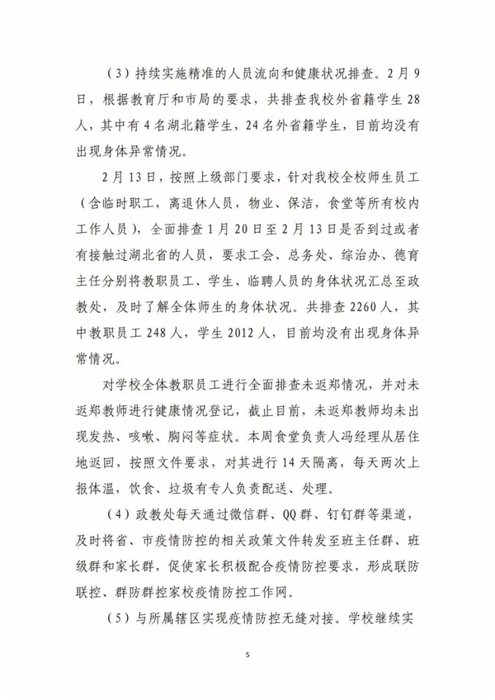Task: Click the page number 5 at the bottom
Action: point(247,655)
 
